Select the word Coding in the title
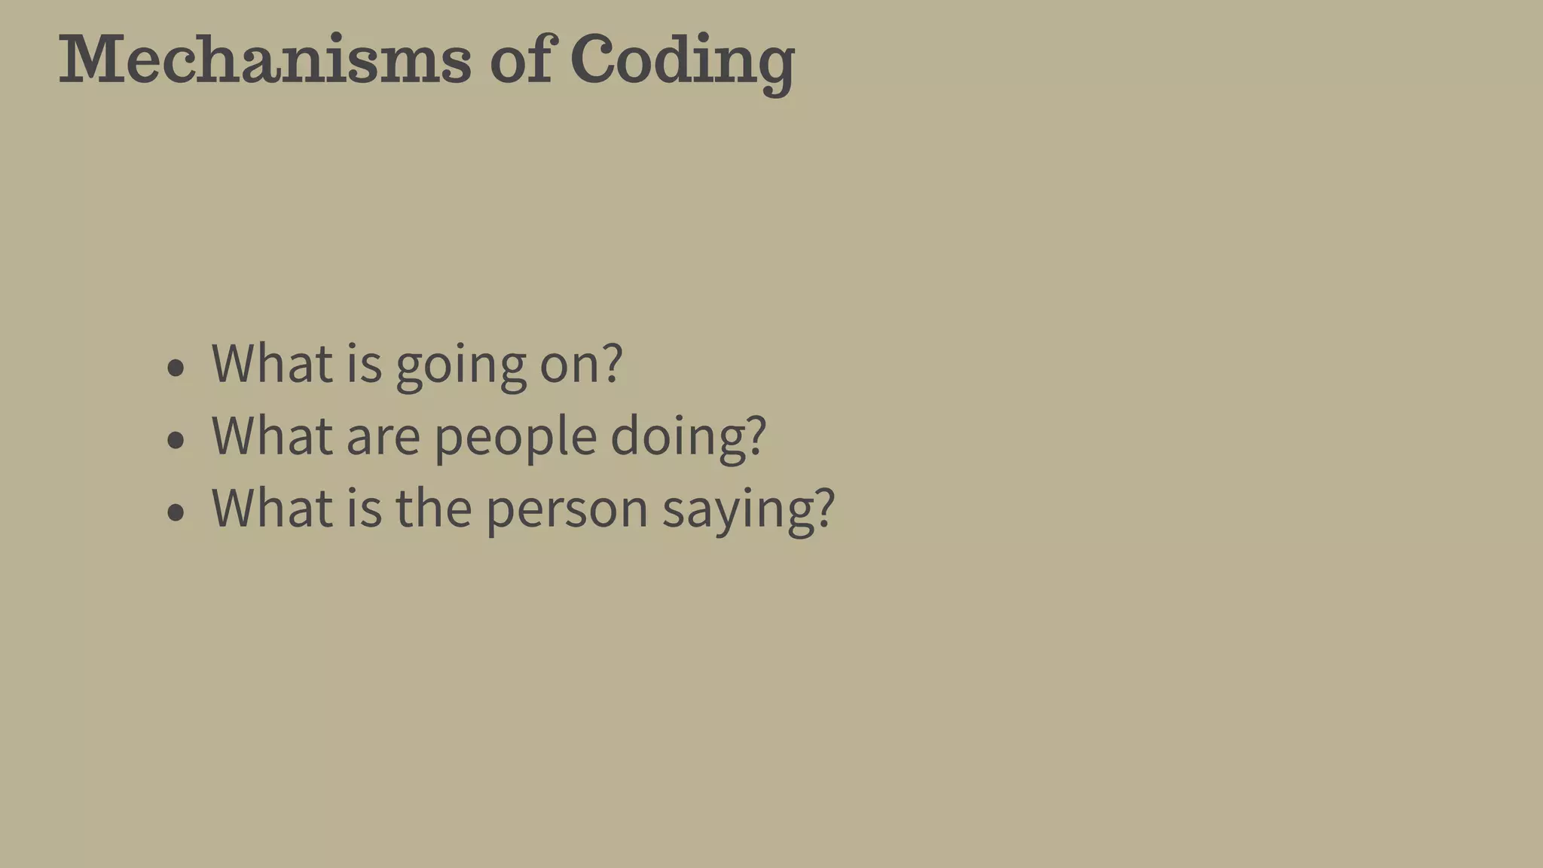683,62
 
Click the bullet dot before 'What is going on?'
176,368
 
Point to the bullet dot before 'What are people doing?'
176,440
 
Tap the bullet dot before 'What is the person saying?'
176,512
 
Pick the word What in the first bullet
272,363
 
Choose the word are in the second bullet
383,437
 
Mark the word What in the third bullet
272,508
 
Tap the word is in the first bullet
364,363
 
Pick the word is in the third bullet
364,508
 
